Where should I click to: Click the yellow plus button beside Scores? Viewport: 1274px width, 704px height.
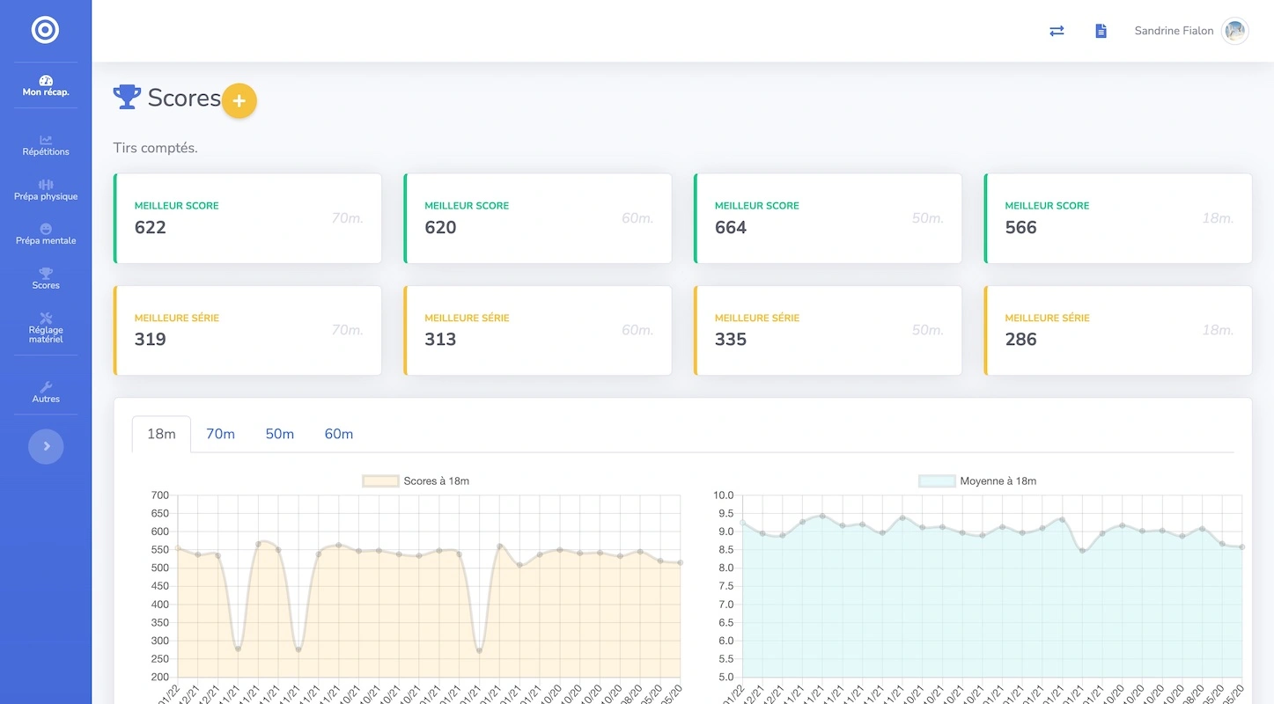click(239, 101)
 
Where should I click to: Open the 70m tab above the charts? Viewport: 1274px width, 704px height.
click(220, 434)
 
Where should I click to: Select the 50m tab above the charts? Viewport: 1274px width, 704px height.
click(279, 434)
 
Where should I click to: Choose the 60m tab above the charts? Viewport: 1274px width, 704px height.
click(339, 434)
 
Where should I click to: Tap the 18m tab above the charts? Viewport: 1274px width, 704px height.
click(161, 434)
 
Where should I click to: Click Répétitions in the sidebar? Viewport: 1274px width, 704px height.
click(46, 145)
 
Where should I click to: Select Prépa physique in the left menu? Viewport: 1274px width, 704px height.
click(46, 190)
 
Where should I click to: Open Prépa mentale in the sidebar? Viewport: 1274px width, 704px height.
click(46, 234)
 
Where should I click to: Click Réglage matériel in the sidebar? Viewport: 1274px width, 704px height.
click(46, 327)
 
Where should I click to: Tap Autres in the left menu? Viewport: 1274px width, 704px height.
click(46, 392)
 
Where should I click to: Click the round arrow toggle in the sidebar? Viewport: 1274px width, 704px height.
click(46, 446)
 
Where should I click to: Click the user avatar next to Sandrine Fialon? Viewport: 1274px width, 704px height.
click(1234, 31)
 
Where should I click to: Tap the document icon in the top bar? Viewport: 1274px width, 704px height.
click(1101, 31)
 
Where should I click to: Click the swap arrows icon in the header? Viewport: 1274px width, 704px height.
click(1057, 31)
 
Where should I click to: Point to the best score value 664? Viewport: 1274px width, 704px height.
click(731, 228)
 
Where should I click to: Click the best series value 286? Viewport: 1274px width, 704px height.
click(1020, 340)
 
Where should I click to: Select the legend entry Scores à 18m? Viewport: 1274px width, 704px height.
click(416, 481)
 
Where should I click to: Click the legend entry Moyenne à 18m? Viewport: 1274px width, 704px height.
click(977, 481)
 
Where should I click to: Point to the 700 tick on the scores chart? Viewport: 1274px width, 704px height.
click(159, 495)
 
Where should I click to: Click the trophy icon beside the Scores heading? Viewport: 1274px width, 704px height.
click(127, 97)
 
